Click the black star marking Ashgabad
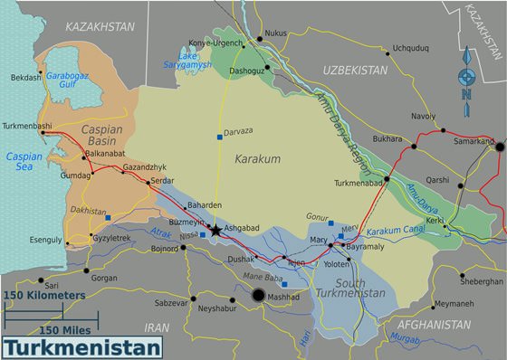(215, 231)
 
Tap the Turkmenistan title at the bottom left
(82, 347)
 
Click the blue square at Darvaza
(219, 137)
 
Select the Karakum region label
(258, 159)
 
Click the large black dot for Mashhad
(258, 296)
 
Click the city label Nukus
(277, 33)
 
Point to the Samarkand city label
(473, 141)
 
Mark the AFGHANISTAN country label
(434, 323)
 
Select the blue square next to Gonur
(330, 223)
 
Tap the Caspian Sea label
(24, 162)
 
